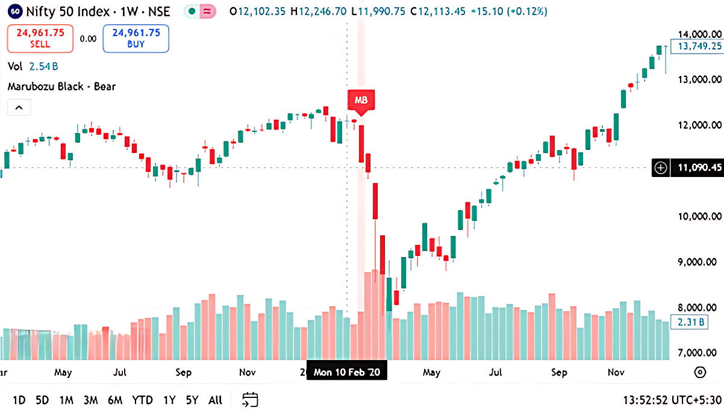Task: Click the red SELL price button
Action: [x=40, y=38]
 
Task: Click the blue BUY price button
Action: [x=136, y=38]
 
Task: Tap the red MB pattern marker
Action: [x=361, y=100]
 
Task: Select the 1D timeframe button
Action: [x=19, y=400]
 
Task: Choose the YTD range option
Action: [x=142, y=400]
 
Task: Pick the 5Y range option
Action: [x=192, y=400]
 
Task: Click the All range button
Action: [x=215, y=400]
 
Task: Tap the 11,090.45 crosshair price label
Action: [x=699, y=168]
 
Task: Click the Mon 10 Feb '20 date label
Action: [x=346, y=373]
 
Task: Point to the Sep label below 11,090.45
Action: [x=560, y=373]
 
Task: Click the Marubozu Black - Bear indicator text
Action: [x=61, y=87]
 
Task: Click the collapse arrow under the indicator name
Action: [x=19, y=108]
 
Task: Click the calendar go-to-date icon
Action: [x=250, y=399]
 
